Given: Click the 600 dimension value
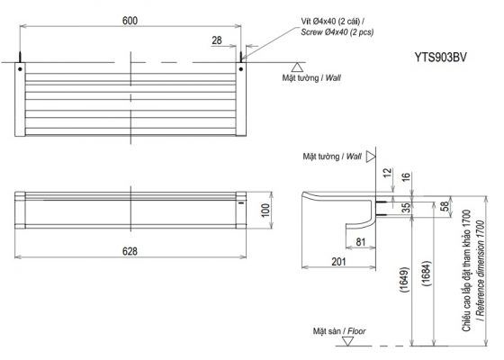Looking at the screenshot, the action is (x=130, y=21).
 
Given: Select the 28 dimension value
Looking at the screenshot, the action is (x=217, y=40).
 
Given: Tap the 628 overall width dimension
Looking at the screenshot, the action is (x=130, y=251).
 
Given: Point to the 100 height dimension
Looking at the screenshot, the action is (x=265, y=211).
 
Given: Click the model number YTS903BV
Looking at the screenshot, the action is (x=440, y=58).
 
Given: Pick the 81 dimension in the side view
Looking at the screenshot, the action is (x=361, y=242).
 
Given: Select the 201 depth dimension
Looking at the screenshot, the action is (x=338, y=262).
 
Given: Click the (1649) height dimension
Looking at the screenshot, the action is (x=404, y=279).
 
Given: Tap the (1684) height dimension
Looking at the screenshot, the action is (x=426, y=274).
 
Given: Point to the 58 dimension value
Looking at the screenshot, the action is (x=444, y=206).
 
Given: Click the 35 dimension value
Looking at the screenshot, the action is (x=406, y=208).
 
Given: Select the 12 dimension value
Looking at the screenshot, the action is (x=388, y=172).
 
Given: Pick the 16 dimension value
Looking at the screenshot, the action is (x=406, y=176).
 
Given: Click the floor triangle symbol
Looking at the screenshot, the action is (x=347, y=341).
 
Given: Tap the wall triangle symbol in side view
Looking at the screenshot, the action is (x=371, y=157).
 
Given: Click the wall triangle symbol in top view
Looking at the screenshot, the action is (x=297, y=67).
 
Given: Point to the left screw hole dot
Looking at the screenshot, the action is (x=20, y=69).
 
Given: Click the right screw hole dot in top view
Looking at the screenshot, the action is (x=241, y=69).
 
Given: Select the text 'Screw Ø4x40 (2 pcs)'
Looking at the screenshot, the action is (x=337, y=32).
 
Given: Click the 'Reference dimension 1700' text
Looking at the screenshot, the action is (x=480, y=270).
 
